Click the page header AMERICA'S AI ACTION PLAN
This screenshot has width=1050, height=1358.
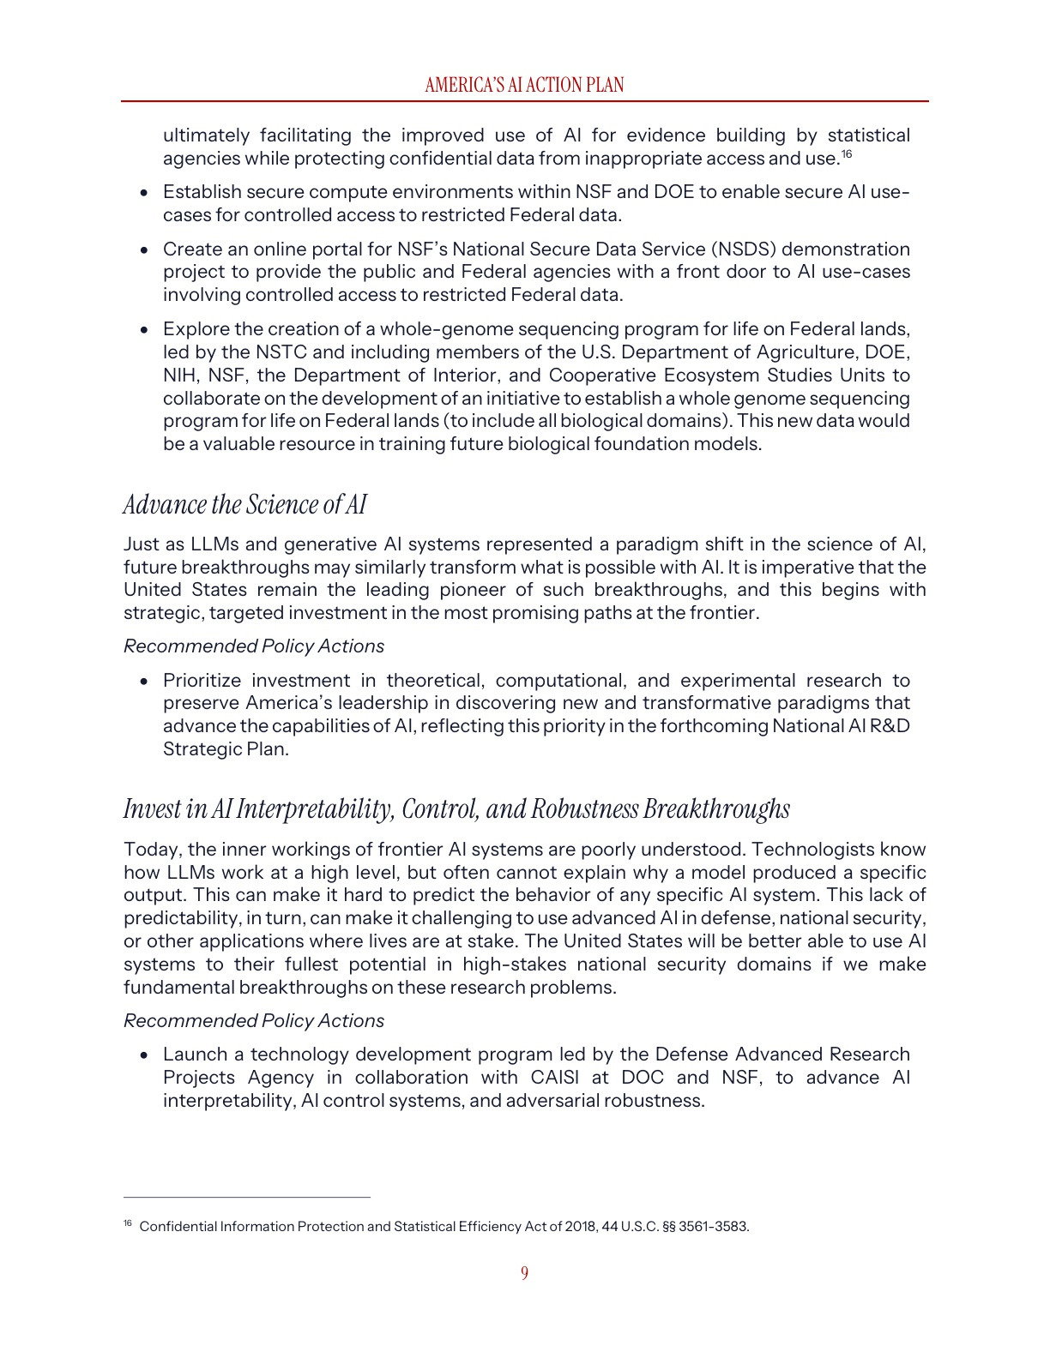(524, 85)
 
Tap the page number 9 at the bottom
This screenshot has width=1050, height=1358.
(524, 1273)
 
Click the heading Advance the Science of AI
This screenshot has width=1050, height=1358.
(245, 504)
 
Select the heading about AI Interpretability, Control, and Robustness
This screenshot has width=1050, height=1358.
(456, 808)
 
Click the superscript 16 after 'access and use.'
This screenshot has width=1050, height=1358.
(846, 154)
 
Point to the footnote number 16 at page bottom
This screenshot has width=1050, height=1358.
(128, 1223)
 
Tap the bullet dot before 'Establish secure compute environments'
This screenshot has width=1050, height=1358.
(145, 193)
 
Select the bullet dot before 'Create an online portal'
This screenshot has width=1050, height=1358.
(145, 250)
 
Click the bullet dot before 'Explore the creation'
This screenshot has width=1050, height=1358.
(145, 330)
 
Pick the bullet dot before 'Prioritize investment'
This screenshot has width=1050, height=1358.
(145, 682)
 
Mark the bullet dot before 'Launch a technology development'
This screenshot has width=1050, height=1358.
(145, 1055)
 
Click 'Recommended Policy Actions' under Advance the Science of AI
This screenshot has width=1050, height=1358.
(254, 646)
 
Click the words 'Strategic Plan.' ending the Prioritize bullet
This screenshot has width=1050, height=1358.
(226, 749)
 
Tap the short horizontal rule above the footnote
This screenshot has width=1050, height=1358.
(247, 1197)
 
